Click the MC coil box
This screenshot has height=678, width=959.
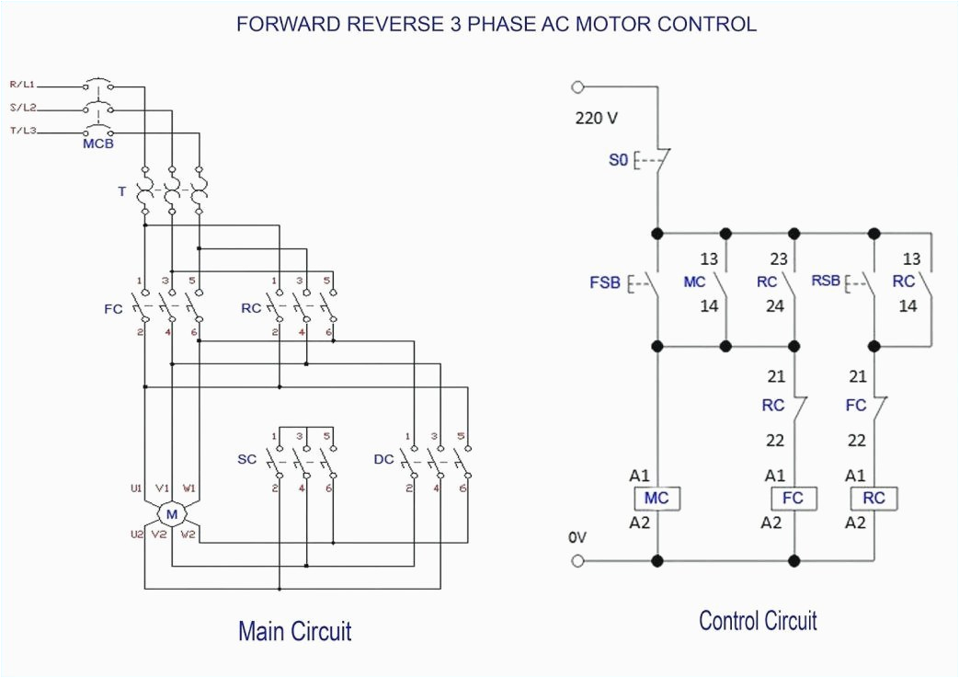(656, 499)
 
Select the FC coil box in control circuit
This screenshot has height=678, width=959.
(793, 499)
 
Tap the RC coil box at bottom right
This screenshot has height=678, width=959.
(873, 499)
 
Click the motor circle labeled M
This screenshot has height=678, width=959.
(171, 513)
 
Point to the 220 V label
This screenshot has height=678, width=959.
(597, 118)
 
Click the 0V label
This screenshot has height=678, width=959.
(577, 536)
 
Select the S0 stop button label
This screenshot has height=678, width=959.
(618, 160)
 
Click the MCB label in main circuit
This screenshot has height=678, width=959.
(97, 144)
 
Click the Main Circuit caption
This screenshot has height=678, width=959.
(294, 631)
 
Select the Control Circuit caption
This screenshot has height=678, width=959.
(757, 621)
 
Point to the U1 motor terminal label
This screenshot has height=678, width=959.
(136, 488)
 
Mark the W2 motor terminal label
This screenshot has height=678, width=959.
(188, 534)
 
